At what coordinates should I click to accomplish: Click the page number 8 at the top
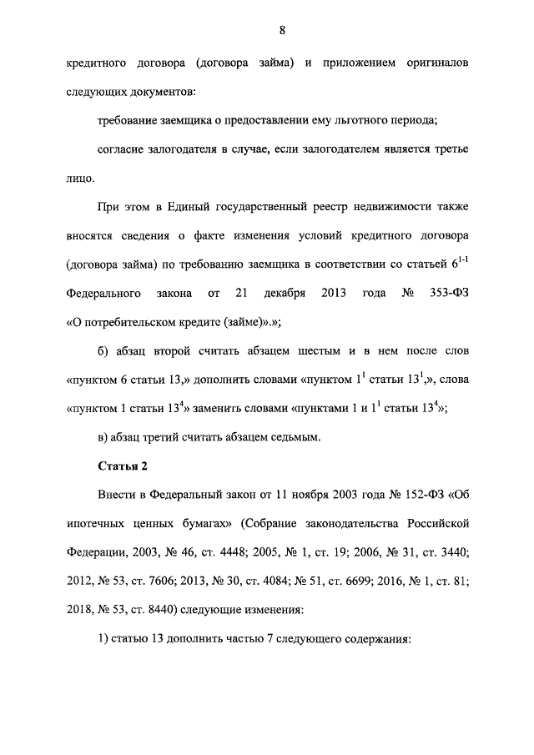coord(283,31)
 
